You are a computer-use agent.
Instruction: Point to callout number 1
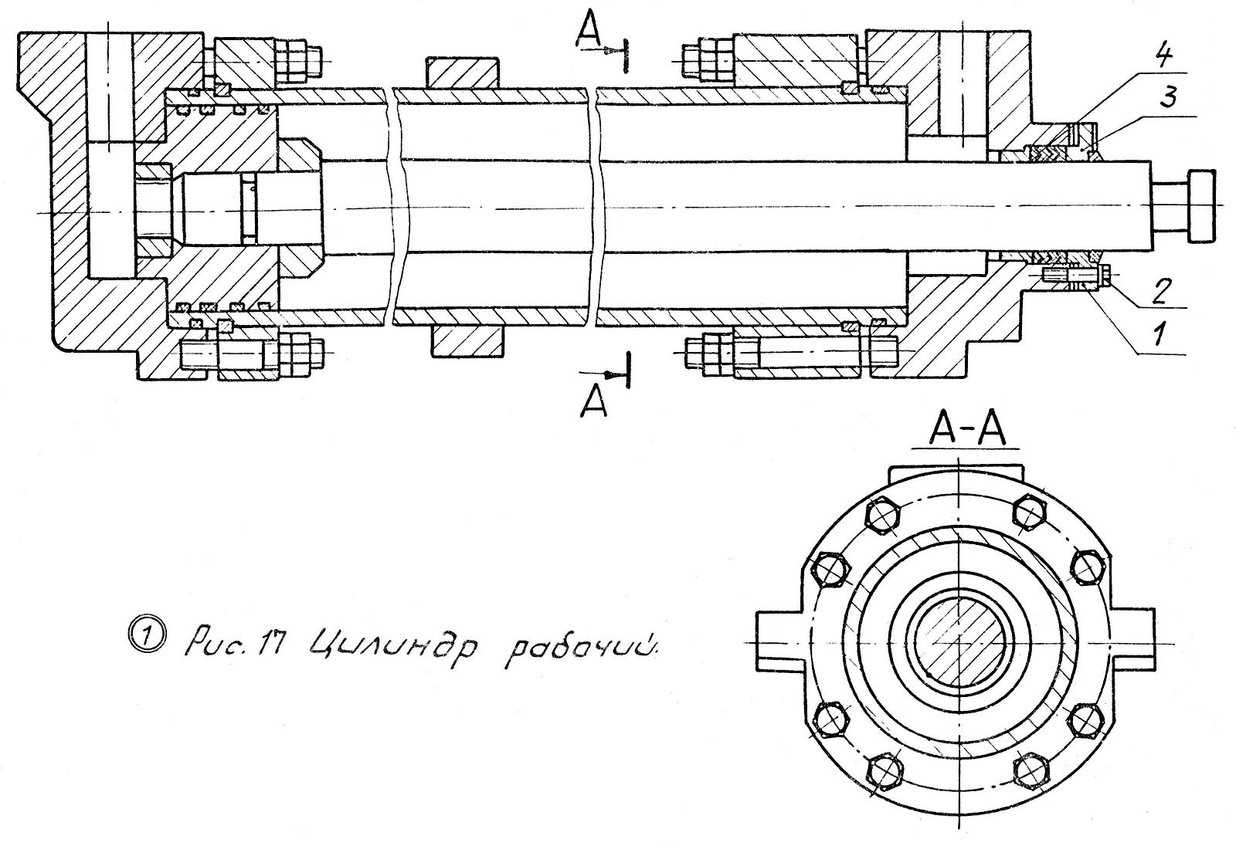(1158, 334)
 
